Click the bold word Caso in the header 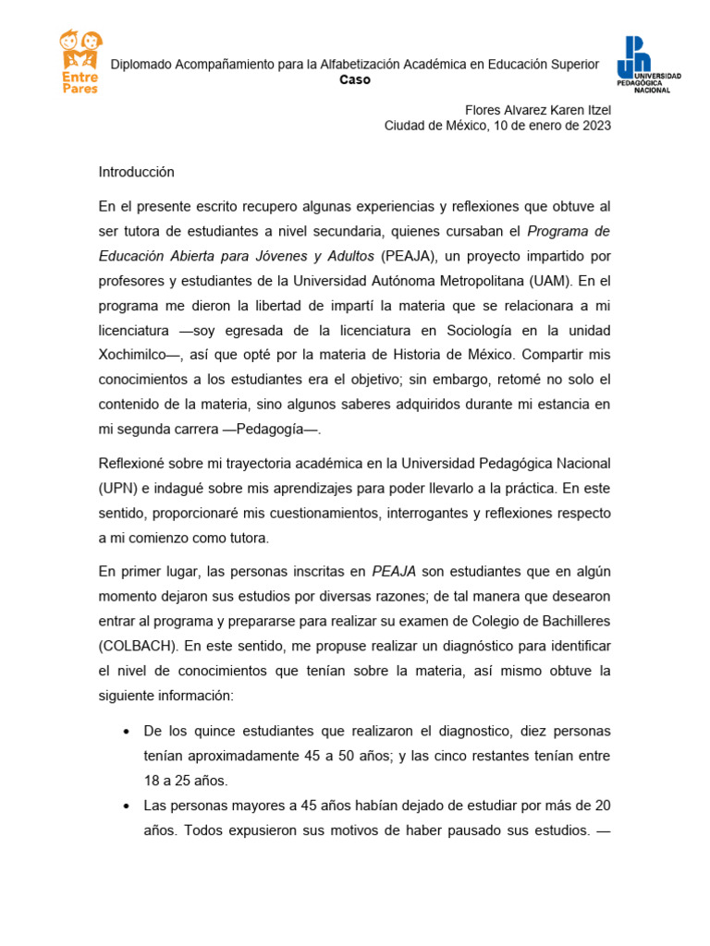[x=354, y=79]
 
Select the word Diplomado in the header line [x=141, y=64]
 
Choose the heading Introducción [x=136, y=172]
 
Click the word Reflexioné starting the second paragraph [x=134, y=462]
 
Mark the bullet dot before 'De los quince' [x=126, y=732]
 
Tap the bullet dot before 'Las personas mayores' [x=126, y=807]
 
